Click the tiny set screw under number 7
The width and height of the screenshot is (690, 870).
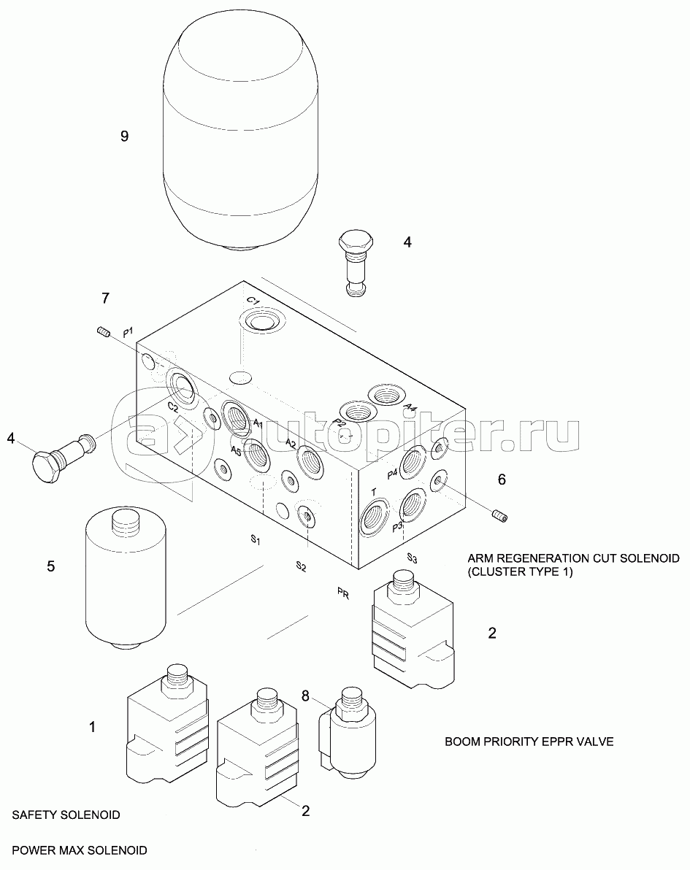pos(103,334)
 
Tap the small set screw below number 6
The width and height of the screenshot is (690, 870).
pos(499,517)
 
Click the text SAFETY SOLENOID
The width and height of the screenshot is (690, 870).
pos(66,815)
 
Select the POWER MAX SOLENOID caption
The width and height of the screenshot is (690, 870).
pos(80,850)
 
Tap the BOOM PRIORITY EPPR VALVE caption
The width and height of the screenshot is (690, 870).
pos(529,742)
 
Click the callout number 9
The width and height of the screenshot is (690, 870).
pos(124,136)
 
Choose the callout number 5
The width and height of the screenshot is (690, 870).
pos(51,566)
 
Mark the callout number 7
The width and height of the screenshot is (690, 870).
pos(105,299)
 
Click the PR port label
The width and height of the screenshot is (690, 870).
pos(342,594)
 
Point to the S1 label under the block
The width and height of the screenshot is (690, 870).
pos(256,540)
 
